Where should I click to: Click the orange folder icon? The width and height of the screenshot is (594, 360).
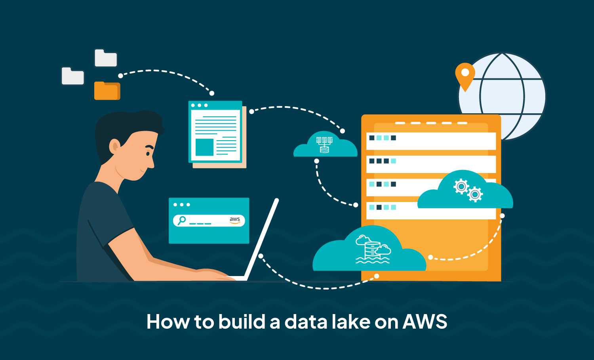point(107,91)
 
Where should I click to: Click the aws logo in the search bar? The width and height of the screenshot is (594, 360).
point(235,220)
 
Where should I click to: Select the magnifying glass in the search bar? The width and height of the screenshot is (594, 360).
point(182,221)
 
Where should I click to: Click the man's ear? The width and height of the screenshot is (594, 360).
point(115,147)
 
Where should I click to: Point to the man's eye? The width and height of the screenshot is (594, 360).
point(148,154)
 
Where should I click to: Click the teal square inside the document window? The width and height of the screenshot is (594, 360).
point(204,147)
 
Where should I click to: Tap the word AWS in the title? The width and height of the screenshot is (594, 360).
point(425,322)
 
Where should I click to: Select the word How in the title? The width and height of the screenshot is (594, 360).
point(168,322)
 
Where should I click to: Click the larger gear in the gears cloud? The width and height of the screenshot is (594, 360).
point(475,194)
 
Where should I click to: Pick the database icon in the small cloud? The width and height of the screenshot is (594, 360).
point(324,145)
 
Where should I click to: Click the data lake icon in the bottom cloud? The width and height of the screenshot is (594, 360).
point(373,250)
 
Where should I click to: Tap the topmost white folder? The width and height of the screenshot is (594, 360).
point(106,58)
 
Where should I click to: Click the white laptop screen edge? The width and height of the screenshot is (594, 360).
point(261,239)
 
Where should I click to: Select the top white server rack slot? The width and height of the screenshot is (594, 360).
point(431,141)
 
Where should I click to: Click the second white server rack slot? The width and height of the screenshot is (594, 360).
point(431,164)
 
